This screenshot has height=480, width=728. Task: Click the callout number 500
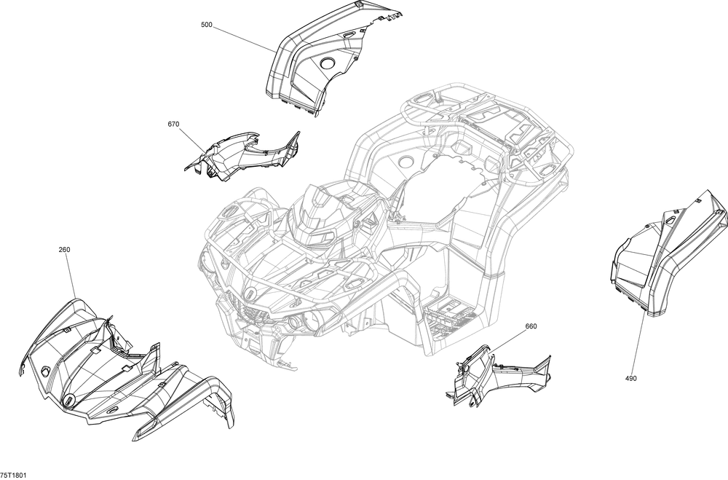click(207, 25)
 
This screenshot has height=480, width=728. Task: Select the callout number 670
click(174, 124)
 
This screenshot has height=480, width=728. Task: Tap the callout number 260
click(65, 250)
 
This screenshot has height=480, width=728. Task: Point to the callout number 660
click(531, 326)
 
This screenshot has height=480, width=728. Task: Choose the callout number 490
click(631, 378)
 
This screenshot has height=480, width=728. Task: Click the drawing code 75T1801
click(13, 475)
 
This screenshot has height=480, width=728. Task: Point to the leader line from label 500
click(244, 39)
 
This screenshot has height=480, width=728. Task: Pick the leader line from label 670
click(192, 139)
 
